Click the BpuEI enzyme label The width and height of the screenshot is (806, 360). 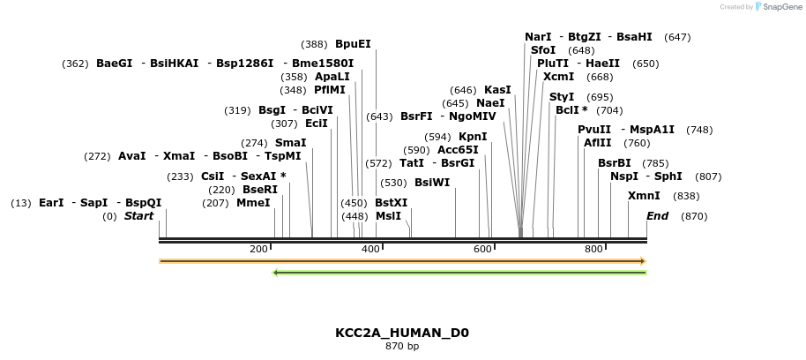click(353, 43)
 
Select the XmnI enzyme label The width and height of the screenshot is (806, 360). click(644, 196)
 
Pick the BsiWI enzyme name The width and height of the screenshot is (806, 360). click(432, 183)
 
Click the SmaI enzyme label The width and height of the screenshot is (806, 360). click(290, 143)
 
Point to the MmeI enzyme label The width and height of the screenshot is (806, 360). click(253, 203)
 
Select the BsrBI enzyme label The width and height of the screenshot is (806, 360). click(615, 163)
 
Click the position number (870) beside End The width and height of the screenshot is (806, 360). click(694, 216)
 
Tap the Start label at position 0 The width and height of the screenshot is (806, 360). click(138, 216)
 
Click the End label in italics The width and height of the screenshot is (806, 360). click(658, 216)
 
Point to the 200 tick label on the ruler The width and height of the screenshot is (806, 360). click(258, 250)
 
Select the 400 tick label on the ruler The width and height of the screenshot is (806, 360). click(370, 250)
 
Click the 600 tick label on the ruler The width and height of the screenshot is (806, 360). click(482, 250)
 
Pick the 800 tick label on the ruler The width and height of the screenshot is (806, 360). click(594, 250)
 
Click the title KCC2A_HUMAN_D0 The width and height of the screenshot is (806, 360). click(402, 333)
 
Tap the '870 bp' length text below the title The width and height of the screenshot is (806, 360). click(402, 347)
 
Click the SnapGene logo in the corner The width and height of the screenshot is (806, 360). click(774, 7)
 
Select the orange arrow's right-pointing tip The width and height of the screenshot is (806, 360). click(644, 261)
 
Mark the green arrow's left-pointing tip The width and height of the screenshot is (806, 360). click(275, 273)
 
